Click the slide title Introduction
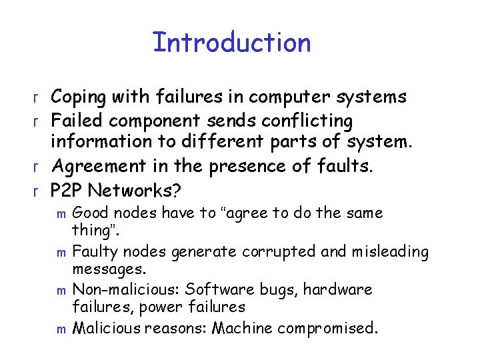coord(231,43)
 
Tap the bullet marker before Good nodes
coord(62,215)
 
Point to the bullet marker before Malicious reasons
coord(62,329)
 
